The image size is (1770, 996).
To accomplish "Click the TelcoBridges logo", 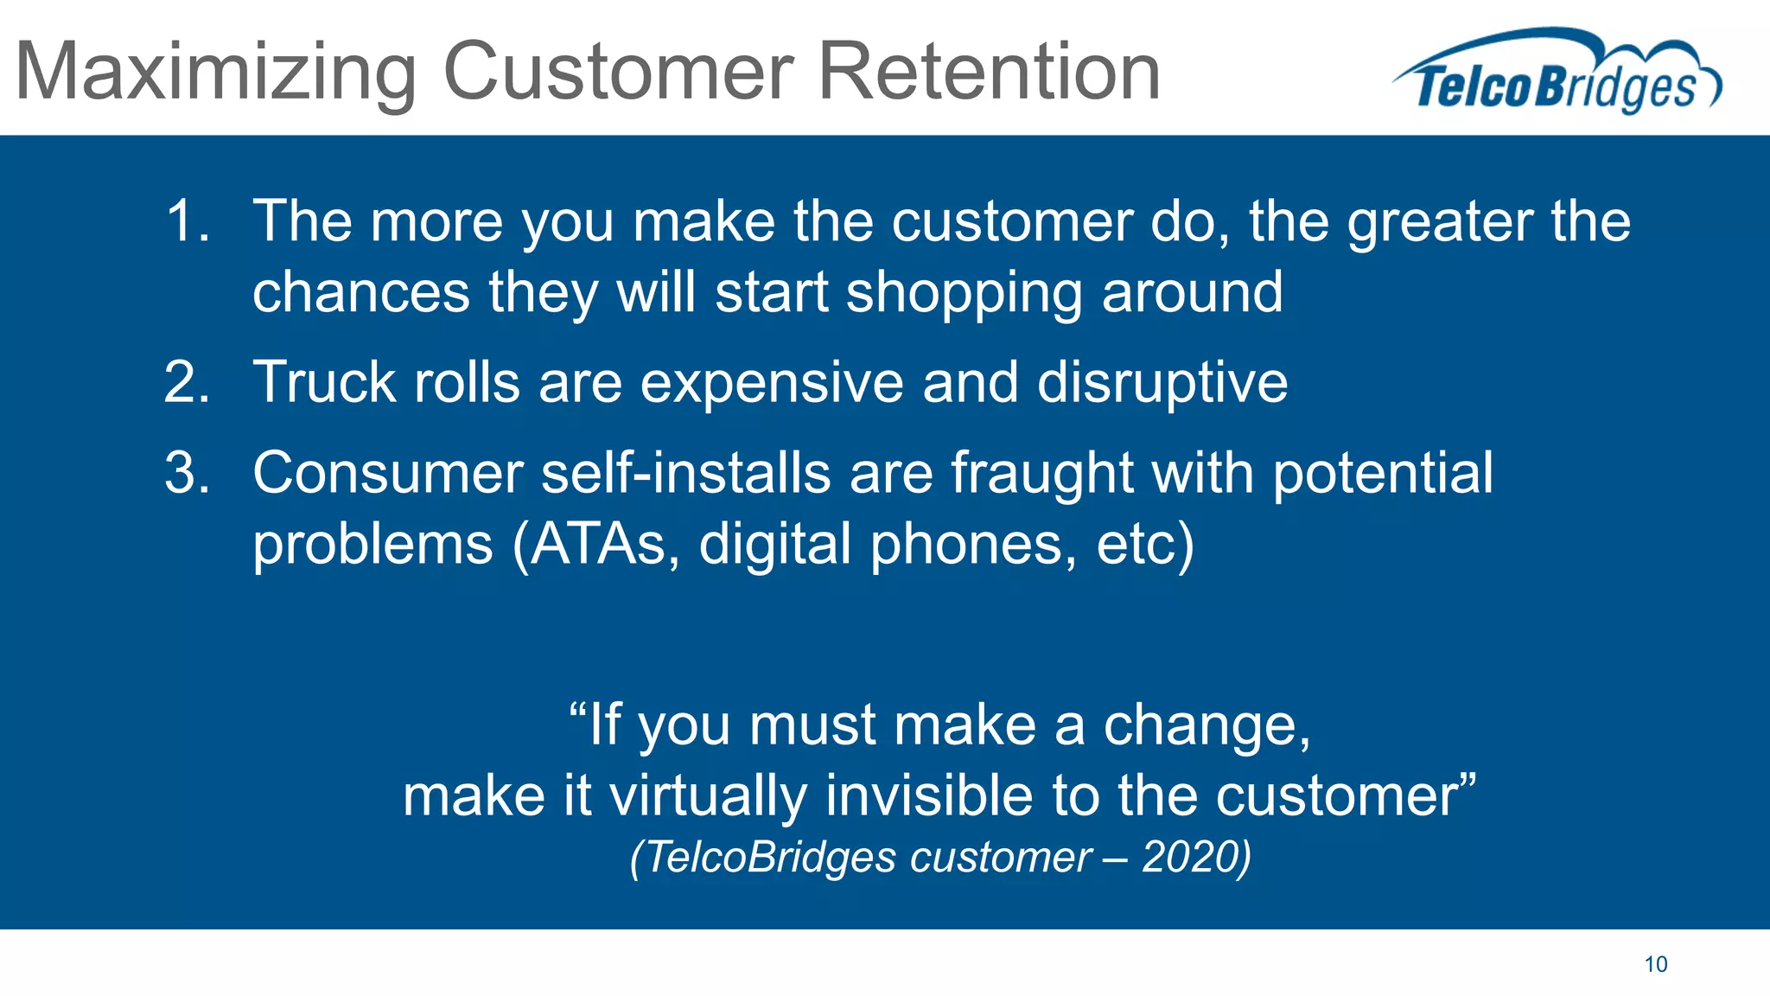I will [1557, 73].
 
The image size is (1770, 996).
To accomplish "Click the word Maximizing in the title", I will [216, 73].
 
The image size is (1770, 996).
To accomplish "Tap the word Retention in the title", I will [989, 73].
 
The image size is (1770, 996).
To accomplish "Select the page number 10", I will [1655, 964].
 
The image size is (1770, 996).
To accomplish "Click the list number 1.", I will [186, 221].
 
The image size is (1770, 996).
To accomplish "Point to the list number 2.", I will [186, 382].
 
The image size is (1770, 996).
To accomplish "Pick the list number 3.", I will [186, 474].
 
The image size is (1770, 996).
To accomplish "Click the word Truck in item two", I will [323, 382].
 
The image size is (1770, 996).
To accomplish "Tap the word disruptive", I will [1162, 384].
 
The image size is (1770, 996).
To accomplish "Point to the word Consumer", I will [388, 474].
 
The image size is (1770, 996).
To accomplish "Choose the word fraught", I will [1042, 474].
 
